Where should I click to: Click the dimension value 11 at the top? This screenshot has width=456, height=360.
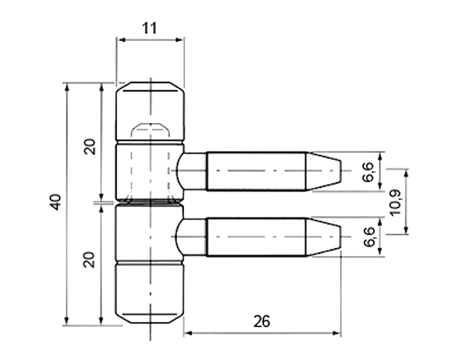[150, 28]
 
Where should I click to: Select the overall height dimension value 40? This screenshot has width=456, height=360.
[56, 202]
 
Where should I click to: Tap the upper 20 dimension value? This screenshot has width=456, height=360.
[90, 147]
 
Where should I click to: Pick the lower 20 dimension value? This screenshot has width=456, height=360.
[90, 259]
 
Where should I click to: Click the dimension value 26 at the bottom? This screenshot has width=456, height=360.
[262, 321]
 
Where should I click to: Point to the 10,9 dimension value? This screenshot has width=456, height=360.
[396, 203]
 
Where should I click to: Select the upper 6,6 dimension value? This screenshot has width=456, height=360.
[369, 172]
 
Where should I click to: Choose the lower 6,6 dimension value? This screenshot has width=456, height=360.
[369, 237]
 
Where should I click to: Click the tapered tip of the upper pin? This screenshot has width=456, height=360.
[324, 171]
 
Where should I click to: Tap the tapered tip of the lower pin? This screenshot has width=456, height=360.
[324, 237]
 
